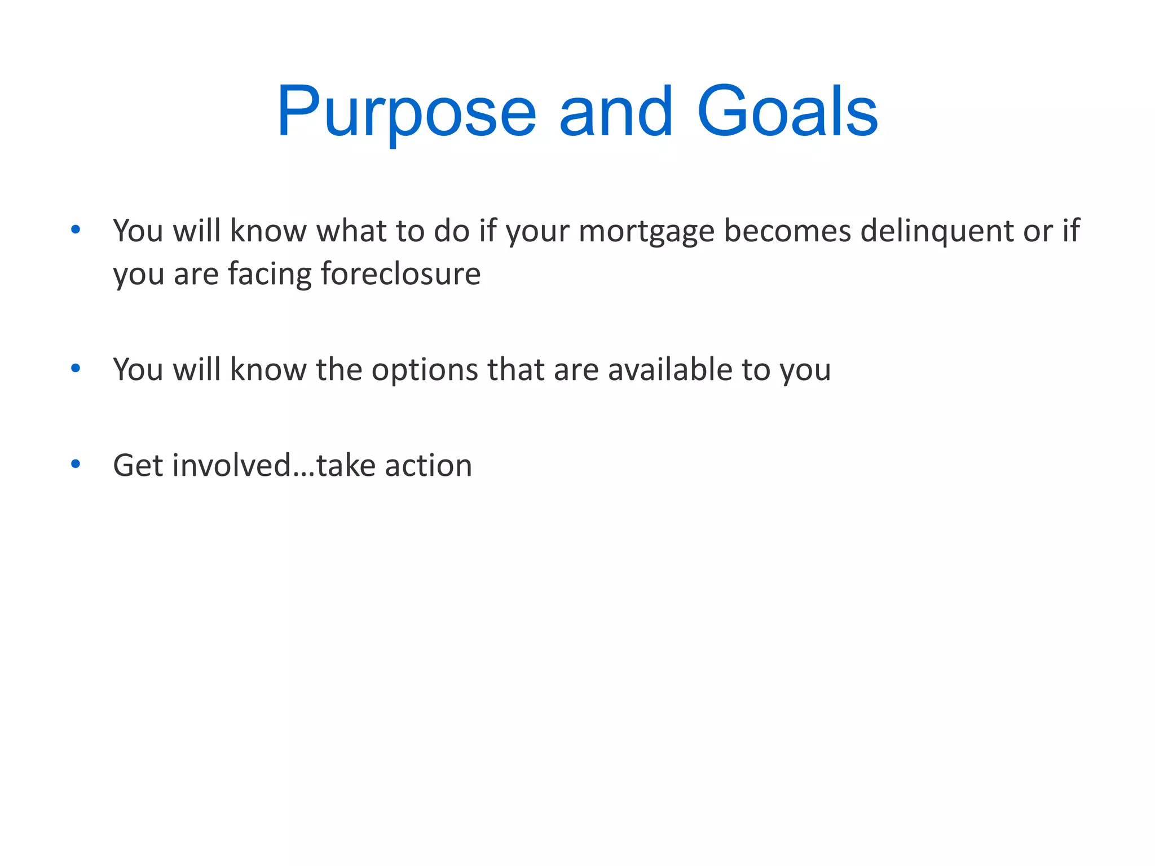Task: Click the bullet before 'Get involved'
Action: (76, 464)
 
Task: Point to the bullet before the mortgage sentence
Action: (76, 229)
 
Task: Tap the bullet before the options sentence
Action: (76, 368)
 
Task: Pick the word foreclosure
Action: (400, 274)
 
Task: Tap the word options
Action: (424, 370)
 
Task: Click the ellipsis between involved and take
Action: (303, 474)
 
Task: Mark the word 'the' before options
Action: (339, 370)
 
